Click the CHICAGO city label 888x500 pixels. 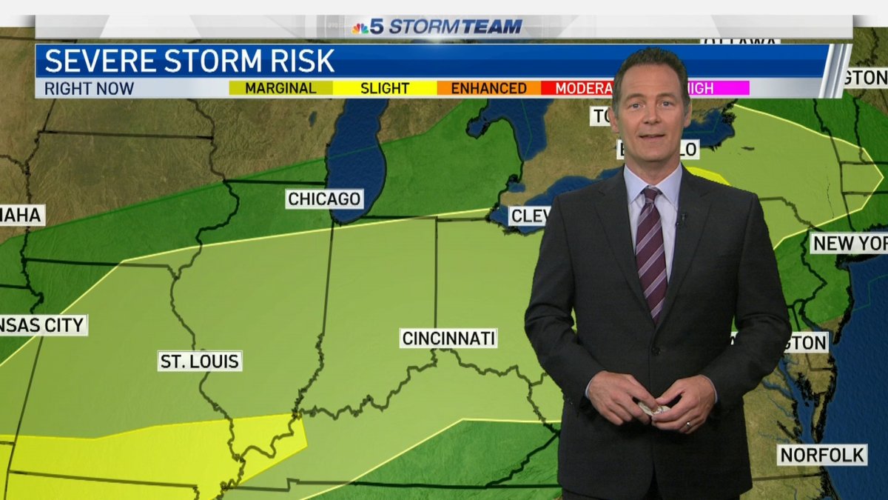click(x=324, y=199)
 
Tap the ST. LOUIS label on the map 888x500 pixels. click(x=200, y=361)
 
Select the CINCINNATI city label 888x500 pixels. click(x=448, y=339)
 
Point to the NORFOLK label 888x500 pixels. click(x=821, y=454)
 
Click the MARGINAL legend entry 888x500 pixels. click(x=280, y=88)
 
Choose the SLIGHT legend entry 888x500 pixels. click(x=384, y=88)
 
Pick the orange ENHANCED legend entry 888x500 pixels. click(x=488, y=88)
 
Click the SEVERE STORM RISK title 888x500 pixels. click(x=189, y=61)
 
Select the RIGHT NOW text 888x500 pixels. click(x=89, y=88)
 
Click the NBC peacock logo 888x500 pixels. click(x=360, y=28)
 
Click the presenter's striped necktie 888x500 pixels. click(x=650, y=248)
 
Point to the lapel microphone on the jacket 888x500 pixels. click(x=682, y=218)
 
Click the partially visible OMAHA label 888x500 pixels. click(x=21, y=216)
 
